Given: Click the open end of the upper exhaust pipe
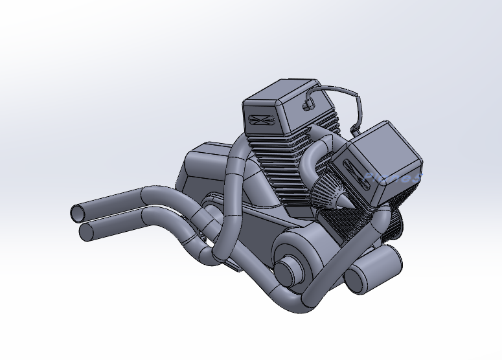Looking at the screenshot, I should [x=77, y=212].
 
